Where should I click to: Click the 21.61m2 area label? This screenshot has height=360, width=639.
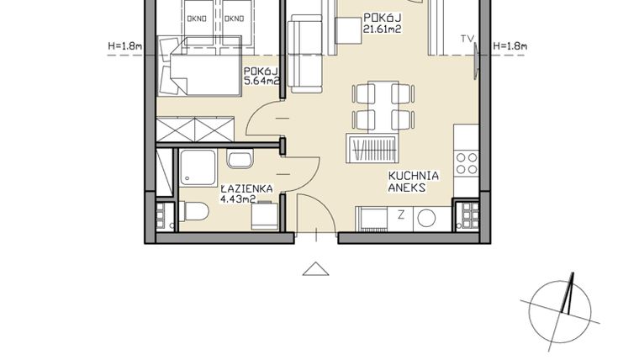(380, 29)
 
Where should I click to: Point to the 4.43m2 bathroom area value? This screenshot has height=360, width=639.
(238, 199)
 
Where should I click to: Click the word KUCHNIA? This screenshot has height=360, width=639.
(414, 177)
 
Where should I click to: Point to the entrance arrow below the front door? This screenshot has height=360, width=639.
(316, 268)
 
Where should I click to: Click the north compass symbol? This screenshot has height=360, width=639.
(565, 307)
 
